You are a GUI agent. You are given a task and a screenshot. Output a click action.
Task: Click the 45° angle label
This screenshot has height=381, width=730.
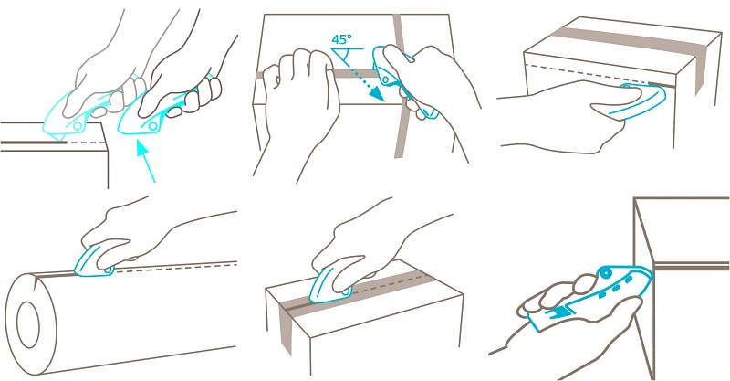pyautogui.click(x=342, y=40)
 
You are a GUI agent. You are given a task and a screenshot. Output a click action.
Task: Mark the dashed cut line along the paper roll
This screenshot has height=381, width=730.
pyautogui.click(x=173, y=267)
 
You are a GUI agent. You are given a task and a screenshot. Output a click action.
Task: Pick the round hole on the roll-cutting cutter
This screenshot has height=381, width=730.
pyautogui.click(x=108, y=270)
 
